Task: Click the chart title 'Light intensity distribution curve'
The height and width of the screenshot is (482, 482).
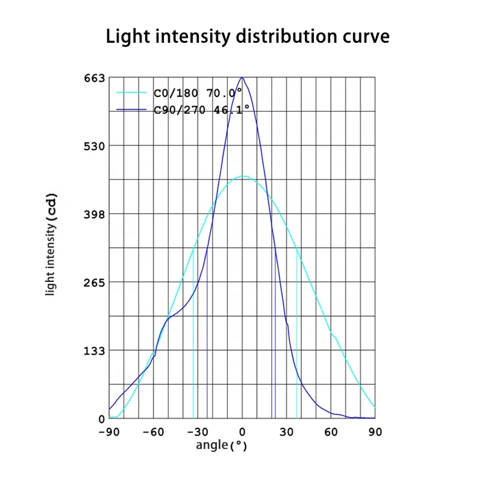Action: (x=248, y=36)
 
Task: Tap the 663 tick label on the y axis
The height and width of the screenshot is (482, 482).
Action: (x=94, y=78)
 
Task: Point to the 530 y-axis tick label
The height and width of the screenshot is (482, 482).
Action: (x=94, y=146)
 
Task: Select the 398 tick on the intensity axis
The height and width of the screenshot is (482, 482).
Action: (x=94, y=214)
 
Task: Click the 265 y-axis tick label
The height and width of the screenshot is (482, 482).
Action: (x=94, y=283)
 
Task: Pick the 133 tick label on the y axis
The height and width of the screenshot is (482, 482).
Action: (x=94, y=351)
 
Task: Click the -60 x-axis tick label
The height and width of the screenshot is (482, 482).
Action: (x=153, y=431)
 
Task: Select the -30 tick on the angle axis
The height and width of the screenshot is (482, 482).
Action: (x=197, y=431)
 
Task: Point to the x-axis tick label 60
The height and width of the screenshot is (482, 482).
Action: (x=331, y=431)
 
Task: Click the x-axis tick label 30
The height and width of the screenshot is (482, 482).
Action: (x=287, y=431)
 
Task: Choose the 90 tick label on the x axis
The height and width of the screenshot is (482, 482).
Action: (x=375, y=431)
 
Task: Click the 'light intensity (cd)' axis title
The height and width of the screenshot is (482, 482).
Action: (x=52, y=243)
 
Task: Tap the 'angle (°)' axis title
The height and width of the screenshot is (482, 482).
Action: (x=221, y=446)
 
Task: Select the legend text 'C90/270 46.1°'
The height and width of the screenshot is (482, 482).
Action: (x=202, y=108)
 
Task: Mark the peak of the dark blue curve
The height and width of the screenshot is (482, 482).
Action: (x=242, y=77)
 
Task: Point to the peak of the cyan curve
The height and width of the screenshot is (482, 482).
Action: (x=243, y=176)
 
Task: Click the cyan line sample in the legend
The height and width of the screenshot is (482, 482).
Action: (x=131, y=93)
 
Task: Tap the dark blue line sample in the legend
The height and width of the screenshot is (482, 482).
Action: (x=131, y=108)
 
